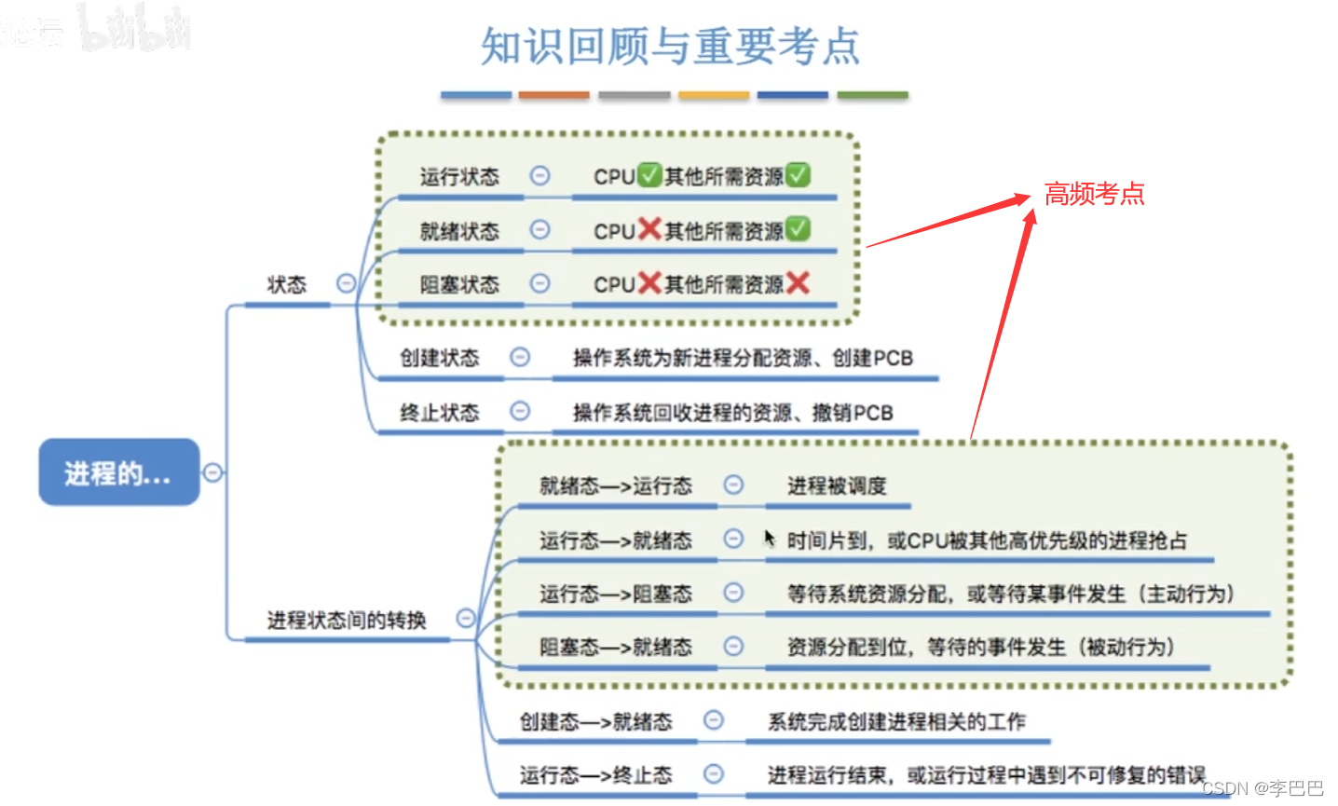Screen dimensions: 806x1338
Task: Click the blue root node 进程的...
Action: tap(118, 472)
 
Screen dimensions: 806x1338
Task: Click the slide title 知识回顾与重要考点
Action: tap(669, 46)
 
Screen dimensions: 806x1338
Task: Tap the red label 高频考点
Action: tap(1094, 194)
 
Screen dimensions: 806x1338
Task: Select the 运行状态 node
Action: tap(459, 176)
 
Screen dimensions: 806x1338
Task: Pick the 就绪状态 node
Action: tap(459, 230)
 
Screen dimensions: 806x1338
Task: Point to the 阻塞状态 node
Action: tap(459, 284)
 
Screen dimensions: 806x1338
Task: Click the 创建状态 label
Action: tap(439, 358)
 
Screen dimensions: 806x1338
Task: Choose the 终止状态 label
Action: tap(439, 412)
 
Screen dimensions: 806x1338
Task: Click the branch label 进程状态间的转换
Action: tap(346, 620)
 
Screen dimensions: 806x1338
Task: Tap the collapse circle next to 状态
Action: tap(346, 283)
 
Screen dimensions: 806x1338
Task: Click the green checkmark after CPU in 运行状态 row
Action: tap(649, 175)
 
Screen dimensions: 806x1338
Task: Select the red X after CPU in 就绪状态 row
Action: tap(649, 229)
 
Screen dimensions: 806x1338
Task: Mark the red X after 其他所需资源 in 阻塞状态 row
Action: tap(798, 283)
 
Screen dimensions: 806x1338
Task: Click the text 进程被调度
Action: tap(837, 485)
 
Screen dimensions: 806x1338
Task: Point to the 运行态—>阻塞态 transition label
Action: tap(615, 594)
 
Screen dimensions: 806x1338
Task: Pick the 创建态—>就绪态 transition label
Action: tap(595, 721)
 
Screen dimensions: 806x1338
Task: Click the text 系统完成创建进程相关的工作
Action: tap(895, 721)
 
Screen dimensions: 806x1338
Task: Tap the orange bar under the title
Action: tap(553, 95)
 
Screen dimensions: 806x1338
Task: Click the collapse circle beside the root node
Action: tap(212, 472)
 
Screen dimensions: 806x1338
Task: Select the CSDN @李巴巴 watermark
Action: tap(1263, 788)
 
